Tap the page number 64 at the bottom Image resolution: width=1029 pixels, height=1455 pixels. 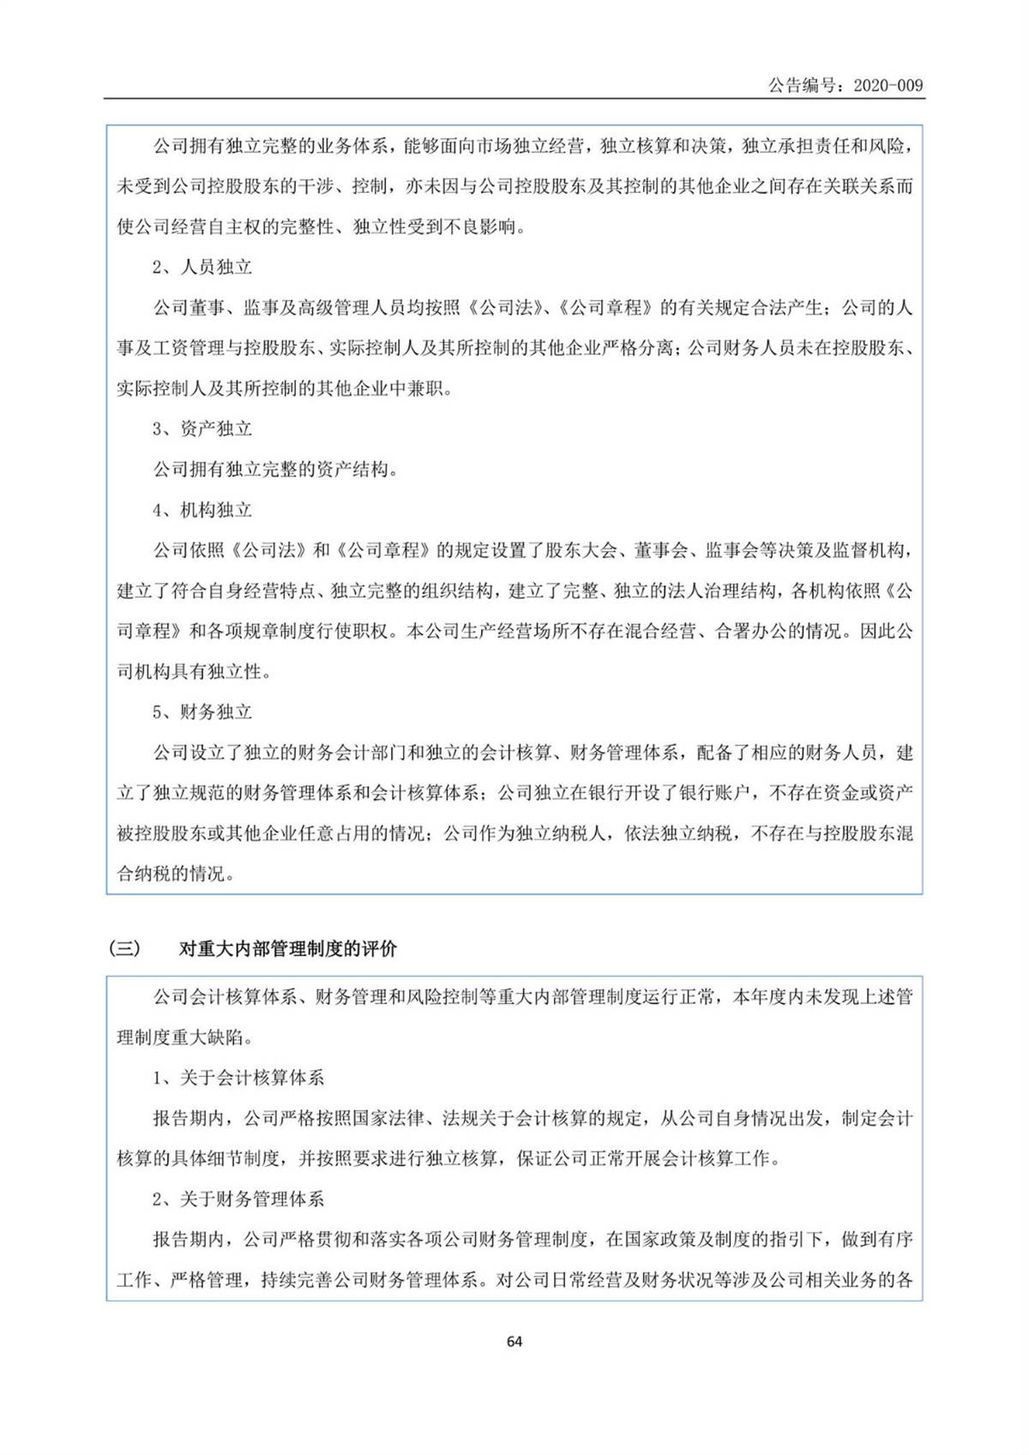point(514,1342)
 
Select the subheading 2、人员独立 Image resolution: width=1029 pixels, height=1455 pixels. point(202,268)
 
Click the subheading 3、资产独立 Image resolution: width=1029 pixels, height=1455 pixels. point(202,429)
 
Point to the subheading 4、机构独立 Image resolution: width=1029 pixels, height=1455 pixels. point(202,510)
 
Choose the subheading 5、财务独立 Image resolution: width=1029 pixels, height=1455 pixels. point(202,712)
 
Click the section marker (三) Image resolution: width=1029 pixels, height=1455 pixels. point(124,949)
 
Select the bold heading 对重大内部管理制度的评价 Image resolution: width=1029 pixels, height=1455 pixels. point(288,949)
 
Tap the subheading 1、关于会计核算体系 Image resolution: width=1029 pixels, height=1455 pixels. point(238,1078)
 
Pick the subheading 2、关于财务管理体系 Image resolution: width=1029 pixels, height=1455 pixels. point(238,1199)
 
